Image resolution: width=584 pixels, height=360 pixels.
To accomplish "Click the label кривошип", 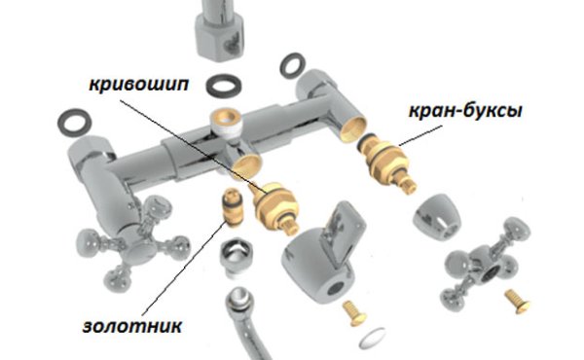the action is click(139, 86).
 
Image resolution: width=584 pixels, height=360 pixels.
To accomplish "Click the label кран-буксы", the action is click(465, 111).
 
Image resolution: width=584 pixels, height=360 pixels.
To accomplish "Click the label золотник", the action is click(132, 326).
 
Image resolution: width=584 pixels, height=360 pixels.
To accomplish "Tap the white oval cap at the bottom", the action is click(373, 338).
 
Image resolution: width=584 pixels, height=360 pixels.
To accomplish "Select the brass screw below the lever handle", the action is click(354, 313).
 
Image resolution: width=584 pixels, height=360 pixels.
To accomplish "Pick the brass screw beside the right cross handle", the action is click(518, 302).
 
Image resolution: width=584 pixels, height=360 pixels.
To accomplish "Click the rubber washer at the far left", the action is click(75, 122).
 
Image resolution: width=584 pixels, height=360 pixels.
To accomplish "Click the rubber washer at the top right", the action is click(293, 66).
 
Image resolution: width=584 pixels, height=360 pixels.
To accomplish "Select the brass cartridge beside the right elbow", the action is click(387, 161).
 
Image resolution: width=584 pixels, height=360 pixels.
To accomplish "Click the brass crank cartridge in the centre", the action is click(275, 206).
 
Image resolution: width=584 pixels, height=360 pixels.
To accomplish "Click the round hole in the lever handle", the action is click(337, 287).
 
